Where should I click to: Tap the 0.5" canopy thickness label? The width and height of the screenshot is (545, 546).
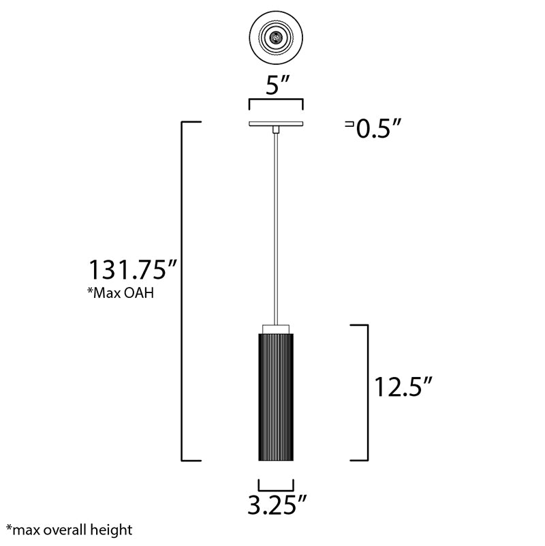coord(379,128)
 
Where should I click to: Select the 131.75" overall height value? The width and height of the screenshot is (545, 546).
coord(134,269)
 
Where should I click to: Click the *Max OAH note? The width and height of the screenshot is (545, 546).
coord(121,293)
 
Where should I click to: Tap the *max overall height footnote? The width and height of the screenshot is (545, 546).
coord(69,530)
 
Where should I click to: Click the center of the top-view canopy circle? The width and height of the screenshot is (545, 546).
coord(276,37)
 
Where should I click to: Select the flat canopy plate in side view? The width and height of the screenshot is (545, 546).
coord(276,123)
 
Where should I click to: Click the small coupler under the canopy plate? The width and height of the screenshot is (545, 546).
coord(276,130)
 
